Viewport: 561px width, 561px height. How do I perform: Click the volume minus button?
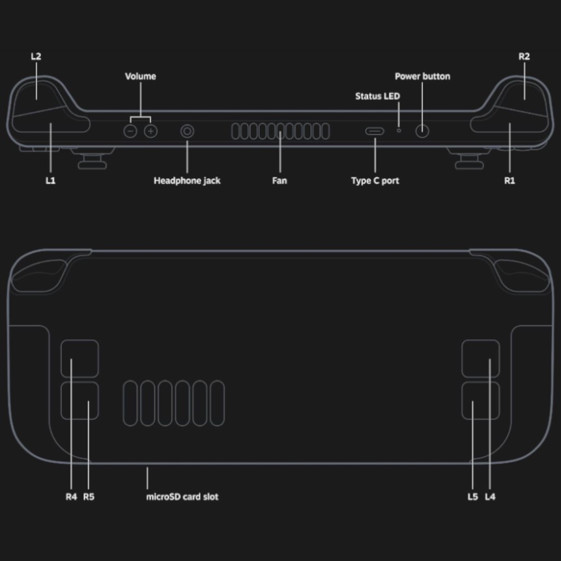(130, 131)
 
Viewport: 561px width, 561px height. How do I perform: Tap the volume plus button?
(150, 131)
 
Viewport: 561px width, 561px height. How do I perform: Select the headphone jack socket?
(187, 131)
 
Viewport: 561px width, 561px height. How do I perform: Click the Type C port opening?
(375, 131)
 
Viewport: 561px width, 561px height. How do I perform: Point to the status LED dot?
(399, 130)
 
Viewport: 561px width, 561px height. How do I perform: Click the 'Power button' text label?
(422, 76)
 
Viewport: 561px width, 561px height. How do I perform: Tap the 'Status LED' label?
(378, 96)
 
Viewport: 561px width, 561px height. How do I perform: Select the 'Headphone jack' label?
(187, 181)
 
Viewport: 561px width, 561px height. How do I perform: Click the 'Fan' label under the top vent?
(279, 181)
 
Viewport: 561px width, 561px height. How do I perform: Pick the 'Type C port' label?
(375, 181)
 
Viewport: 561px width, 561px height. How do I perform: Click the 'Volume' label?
(140, 76)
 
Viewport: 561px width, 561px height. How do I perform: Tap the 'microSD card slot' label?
(182, 496)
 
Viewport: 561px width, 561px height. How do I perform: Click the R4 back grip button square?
(80, 358)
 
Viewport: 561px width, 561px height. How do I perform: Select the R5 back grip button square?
(80, 401)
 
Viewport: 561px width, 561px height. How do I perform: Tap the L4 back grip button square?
(480, 358)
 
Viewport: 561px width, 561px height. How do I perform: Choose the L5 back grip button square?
(480, 401)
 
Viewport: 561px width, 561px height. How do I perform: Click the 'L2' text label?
(36, 57)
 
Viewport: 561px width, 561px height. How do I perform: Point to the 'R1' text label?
(509, 181)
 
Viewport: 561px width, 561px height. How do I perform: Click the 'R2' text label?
(524, 57)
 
